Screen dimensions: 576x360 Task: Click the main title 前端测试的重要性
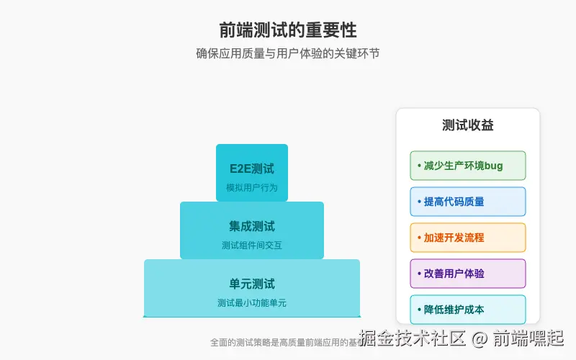[288, 30]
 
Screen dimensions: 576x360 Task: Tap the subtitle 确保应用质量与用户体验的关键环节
[288, 53]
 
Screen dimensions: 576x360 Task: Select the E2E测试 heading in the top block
[252, 169]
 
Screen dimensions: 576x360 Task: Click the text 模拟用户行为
[252, 188]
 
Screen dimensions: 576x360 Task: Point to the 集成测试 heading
[252, 227]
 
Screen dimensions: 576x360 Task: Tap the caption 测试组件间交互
[252, 246]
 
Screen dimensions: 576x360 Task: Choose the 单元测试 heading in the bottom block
[252, 284]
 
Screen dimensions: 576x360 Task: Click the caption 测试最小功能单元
[252, 303]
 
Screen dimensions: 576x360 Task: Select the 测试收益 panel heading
[468, 125]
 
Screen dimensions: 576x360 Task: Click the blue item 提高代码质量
[454, 202]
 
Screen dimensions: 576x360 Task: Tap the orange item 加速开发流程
[454, 238]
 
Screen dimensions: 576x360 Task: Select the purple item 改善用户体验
[454, 274]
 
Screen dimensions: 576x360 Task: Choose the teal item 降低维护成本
[454, 310]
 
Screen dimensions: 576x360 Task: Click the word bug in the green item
[494, 166]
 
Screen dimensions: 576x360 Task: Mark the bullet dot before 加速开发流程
[419, 238]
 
